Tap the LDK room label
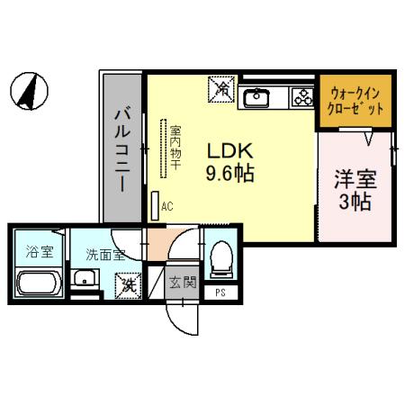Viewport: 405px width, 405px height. click(x=232, y=150)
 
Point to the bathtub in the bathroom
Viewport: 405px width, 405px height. click(x=37, y=286)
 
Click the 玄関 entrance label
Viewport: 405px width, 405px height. click(x=183, y=283)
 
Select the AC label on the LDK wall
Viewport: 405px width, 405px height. click(x=166, y=206)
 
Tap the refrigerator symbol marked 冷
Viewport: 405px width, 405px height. click(x=222, y=89)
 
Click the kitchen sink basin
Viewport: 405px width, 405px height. click(x=256, y=95)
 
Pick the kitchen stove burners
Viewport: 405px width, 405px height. click(x=299, y=96)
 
